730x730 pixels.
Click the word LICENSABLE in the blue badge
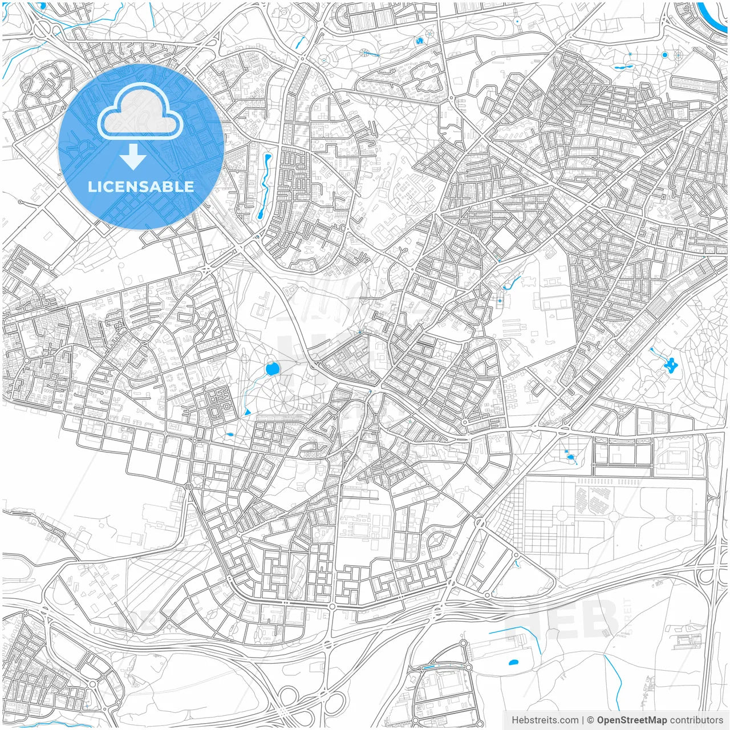coord(141,186)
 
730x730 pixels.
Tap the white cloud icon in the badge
coord(140,112)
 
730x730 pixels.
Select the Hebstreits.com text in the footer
coord(545,720)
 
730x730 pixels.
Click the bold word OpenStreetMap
coord(631,720)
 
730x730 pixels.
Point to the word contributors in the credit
coord(696,720)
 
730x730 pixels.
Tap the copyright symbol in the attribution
coord(590,720)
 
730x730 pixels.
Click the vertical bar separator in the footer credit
coord(583,720)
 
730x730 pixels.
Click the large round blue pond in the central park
coord(272,370)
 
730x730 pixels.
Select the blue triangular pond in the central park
coord(247,412)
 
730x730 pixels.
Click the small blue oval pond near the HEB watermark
coord(513,663)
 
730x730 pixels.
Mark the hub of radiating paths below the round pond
coord(282,403)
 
